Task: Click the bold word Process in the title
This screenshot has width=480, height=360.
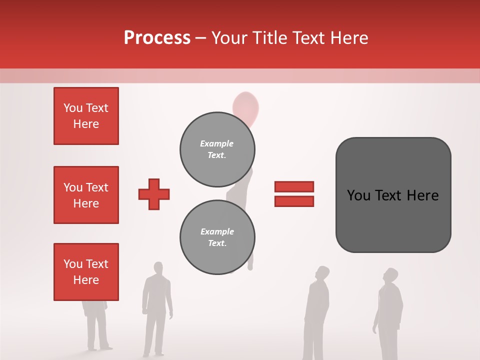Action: [157, 38]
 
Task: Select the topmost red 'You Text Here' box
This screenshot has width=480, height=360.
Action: [86, 116]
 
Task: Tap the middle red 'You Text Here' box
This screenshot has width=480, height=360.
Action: [86, 195]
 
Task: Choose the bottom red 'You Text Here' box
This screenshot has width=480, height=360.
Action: [86, 272]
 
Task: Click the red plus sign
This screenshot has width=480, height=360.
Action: [154, 194]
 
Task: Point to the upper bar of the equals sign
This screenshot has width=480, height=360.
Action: [294, 186]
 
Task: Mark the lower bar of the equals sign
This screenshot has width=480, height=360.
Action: [294, 201]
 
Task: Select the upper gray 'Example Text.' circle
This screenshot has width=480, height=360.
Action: [217, 149]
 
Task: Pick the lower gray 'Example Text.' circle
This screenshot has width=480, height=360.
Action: [217, 237]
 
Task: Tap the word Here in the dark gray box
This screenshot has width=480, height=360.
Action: [422, 195]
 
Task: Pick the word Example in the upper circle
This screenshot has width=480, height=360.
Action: [216, 143]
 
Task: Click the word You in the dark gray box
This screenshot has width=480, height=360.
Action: [358, 195]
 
